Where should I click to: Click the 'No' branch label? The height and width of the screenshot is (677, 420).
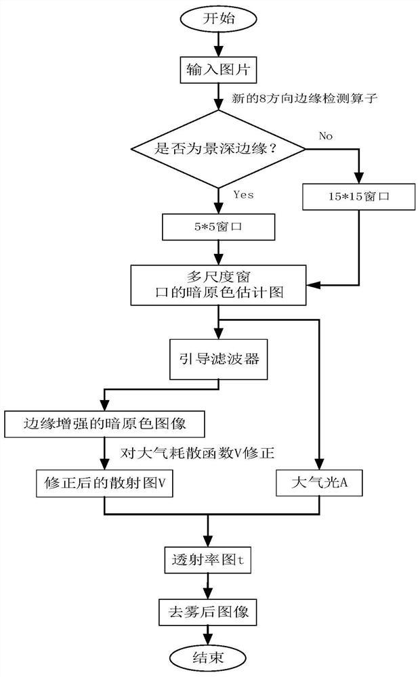click(326, 136)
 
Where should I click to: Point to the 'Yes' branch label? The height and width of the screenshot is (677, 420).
click(243, 195)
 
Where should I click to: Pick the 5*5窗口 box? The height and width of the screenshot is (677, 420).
click(218, 227)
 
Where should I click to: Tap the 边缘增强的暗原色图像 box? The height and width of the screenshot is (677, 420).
click(104, 424)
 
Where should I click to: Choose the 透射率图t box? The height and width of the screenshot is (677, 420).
click(207, 559)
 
